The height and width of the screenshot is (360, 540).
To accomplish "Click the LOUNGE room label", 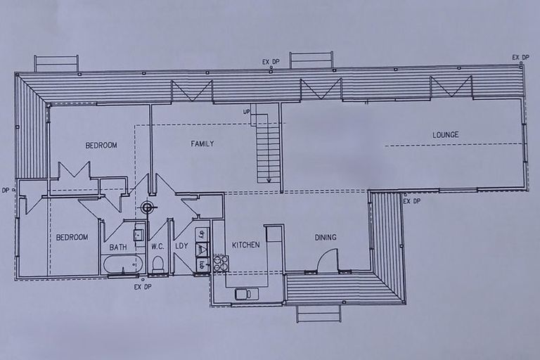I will click(x=445, y=135).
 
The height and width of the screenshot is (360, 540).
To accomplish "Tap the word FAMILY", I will click(x=202, y=144).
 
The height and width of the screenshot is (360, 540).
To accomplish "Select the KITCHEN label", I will click(x=245, y=245).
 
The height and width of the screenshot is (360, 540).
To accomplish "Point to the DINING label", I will click(x=325, y=238).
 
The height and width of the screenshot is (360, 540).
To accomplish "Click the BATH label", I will click(x=118, y=247).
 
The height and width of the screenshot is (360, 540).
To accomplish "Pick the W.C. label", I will click(x=157, y=247).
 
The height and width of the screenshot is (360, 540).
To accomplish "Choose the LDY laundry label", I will click(x=181, y=246).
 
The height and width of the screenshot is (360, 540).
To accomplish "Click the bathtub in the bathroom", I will click(x=123, y=265).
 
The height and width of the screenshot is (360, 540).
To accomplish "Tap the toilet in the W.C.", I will click(x=158, y=264).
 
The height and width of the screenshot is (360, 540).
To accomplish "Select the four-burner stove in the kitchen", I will click(x=221, y=263).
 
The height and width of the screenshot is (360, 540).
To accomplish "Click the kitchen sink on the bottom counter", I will click(x=247, y=293).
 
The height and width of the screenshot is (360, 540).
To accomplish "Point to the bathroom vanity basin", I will click(x=139, y=235).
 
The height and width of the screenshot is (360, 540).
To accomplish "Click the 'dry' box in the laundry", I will click(x=202, y=234).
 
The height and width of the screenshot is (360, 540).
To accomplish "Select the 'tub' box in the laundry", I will click(x=202, y=265).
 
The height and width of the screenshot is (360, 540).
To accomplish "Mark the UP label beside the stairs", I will click(x=247, y=112).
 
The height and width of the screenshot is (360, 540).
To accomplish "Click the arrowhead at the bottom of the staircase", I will click(x=269, y=181).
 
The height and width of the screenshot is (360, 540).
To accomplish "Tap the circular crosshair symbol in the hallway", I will click(x=147, y=207).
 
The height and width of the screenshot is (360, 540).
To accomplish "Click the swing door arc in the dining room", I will click(x=327, y=261).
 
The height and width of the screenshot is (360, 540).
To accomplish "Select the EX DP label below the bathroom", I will click(x=143, y=286).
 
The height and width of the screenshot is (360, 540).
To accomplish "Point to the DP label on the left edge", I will click(x=6, y=190).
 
